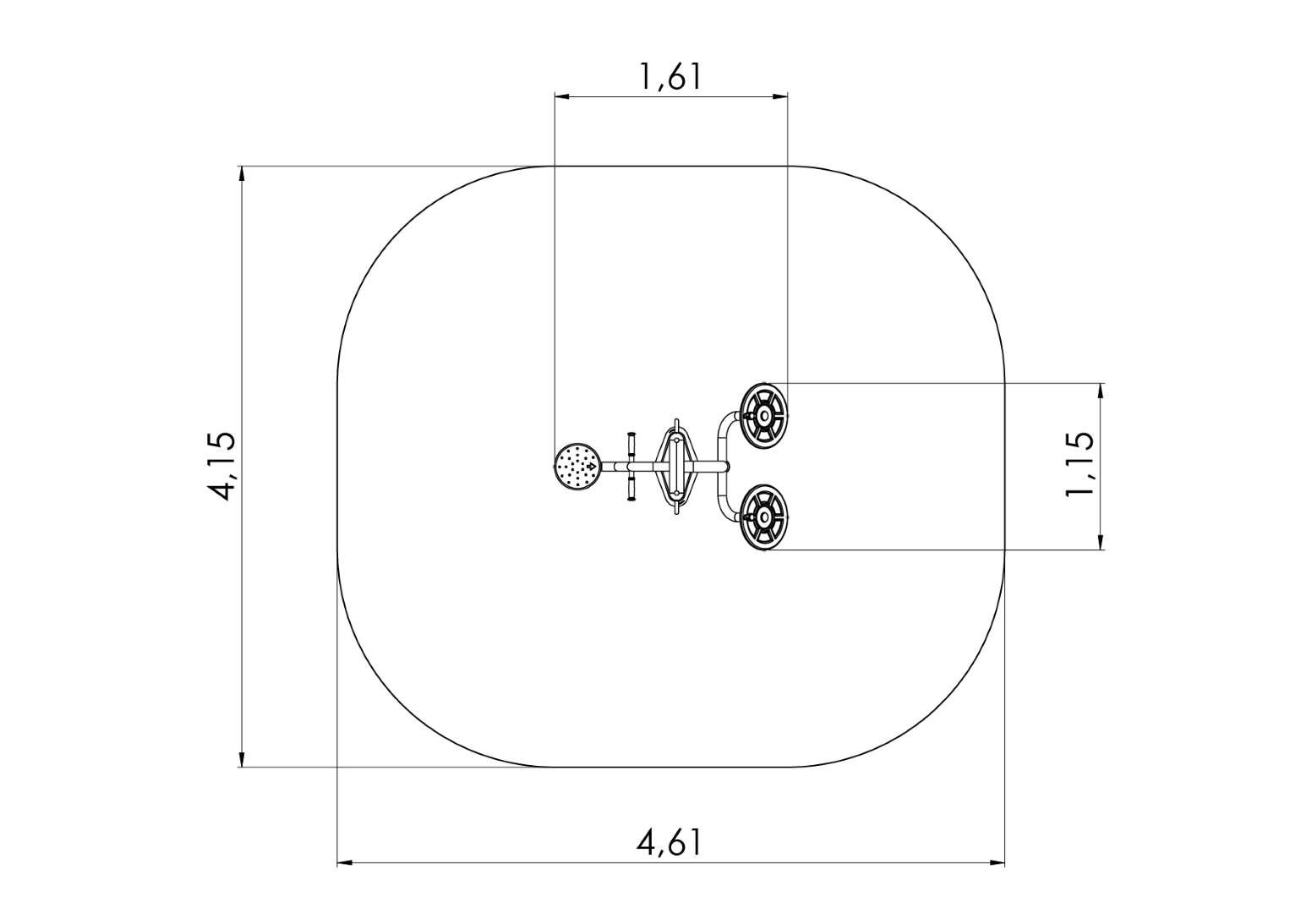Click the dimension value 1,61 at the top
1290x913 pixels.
click(x=670, y=77)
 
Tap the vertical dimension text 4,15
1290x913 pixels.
click(x=223, y=466)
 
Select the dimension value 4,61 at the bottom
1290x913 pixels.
click(x=670, y=843)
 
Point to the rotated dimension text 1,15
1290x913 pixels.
click(x=1080, y=465)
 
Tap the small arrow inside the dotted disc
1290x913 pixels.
click(x=591, y=466)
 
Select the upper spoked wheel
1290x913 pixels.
click(x=764, y=416)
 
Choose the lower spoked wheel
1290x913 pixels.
click(x=764, y=517)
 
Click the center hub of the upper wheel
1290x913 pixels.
click(x=764, y=416)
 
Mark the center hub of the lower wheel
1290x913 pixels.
click(x=764, y=517)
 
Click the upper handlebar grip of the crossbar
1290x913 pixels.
click(x=631, y=443)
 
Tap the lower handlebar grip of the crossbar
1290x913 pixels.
click(x=631, y=489)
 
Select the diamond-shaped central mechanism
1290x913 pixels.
click(x=676, y=466)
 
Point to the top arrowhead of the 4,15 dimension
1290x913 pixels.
click(x=243, y=173)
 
